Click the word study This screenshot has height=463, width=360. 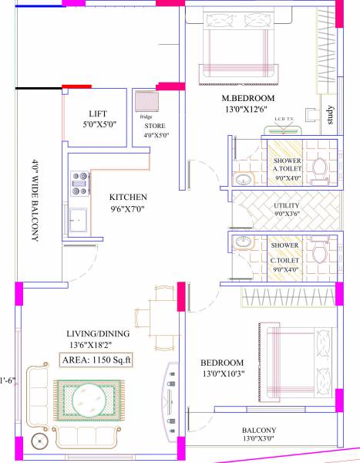(x=329, y=117)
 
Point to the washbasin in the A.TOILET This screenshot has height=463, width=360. (x=243, y=181)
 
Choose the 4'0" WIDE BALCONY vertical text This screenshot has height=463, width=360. (x=35, y=201)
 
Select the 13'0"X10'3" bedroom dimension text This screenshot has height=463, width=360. (x=223, y=374)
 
